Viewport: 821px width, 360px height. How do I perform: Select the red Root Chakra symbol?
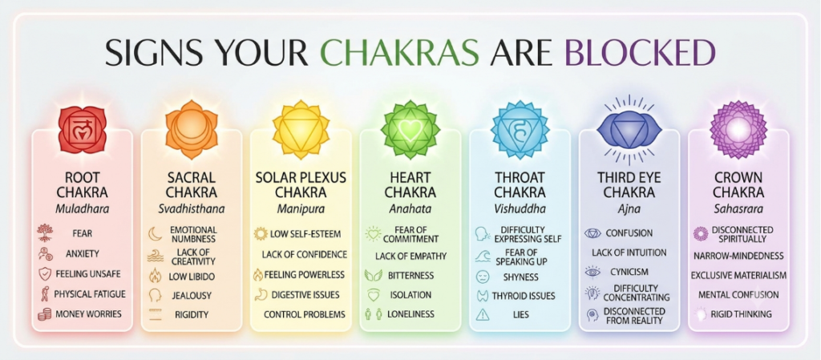point(83,130)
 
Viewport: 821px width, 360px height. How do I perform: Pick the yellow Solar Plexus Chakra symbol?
point(301,130)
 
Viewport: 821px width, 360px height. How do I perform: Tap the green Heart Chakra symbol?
point(410,130)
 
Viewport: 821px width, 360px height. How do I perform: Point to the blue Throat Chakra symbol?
point(520,130)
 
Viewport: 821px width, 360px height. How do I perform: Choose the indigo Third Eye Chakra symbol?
point(629,129)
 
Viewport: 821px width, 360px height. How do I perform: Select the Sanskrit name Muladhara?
point(83,209)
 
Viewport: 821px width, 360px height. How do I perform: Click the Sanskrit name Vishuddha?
point(520,209)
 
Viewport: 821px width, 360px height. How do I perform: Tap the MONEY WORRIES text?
point(88,314)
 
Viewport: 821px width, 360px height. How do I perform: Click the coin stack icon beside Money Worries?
point(45,314)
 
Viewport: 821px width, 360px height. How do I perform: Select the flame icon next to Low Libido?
point(156,276)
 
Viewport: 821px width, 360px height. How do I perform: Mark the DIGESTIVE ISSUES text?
point(305,295)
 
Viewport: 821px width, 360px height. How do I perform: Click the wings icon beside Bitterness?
point(371,276)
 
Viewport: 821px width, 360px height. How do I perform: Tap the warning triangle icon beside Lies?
point(482,314)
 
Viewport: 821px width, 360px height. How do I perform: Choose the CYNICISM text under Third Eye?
point(629,272)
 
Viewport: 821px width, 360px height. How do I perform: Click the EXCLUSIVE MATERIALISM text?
point(738,276)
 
